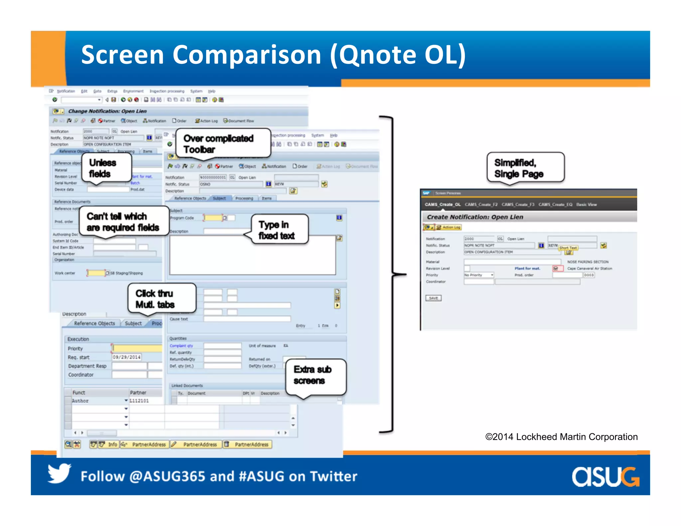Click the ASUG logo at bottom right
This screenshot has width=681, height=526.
click(605, 477)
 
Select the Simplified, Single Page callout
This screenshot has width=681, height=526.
click(525, 168)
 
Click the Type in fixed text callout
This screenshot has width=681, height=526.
click(279, 230)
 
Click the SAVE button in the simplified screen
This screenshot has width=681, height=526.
click(434, 298)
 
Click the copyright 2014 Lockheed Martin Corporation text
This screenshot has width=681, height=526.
click(561, 437)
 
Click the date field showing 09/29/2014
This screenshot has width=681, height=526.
click(126, 357)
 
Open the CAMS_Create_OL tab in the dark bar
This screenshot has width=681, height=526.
click(443, 204)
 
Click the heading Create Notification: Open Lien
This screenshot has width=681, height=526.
click(475, 217)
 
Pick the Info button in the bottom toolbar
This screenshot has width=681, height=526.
click(112, 444)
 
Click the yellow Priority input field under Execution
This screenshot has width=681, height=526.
click(137, 348)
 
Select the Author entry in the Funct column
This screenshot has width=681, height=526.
click(81, 401)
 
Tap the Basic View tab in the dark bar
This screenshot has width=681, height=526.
click(587, 204)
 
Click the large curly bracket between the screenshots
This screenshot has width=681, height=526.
click(393, 274)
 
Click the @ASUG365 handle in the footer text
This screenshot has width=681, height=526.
click(167, 476)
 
